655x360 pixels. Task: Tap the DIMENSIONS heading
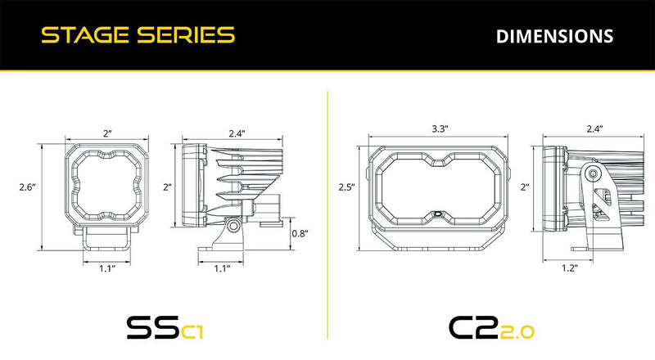[x=554, y=36]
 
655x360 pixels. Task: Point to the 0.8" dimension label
[x=300, y=233]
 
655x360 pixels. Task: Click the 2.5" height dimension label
[x=346, y=187]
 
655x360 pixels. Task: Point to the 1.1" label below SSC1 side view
[x=221, y=268]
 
